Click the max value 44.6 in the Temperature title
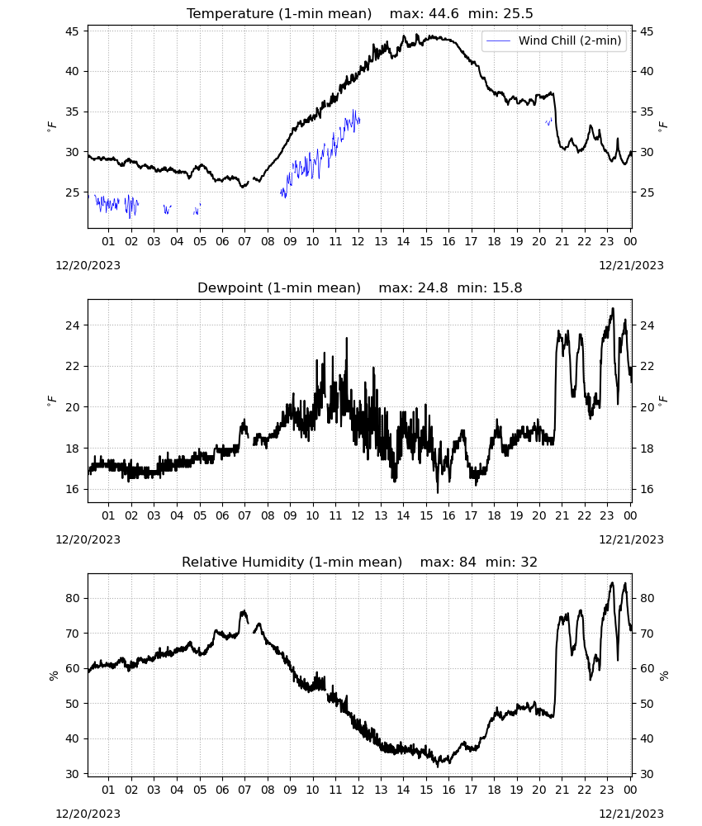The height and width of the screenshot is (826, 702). pyautogui.click(x=443, y=14)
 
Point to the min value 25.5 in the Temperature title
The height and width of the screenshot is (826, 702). pyautogui.click(x=518, y=14)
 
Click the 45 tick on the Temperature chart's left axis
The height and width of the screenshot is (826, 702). pyautogui.click(x=72, y=31)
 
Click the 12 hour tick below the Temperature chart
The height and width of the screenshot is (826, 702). pyautogui.click(x=358, y=241)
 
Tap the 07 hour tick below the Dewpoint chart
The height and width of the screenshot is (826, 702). pyautogui.click(x=244, y=515)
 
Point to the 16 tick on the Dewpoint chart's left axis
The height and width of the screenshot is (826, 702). pyautogui.click(x=72, y=489)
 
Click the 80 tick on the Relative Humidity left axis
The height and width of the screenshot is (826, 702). pyautogui.click(x=72, y=598)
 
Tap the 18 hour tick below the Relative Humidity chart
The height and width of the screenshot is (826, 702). pyautogui.click(x=494, y=790)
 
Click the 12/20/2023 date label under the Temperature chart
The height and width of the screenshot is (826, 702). pyautogui.click(x=88, y=265)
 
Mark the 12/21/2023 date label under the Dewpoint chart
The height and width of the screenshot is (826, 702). pyautogui.click(x=631, y=539)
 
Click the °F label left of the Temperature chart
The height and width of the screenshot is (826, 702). pyautogui.click(x=51, y=126)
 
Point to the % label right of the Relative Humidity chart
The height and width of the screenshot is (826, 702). pyautogui.click(x=664, y=676)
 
